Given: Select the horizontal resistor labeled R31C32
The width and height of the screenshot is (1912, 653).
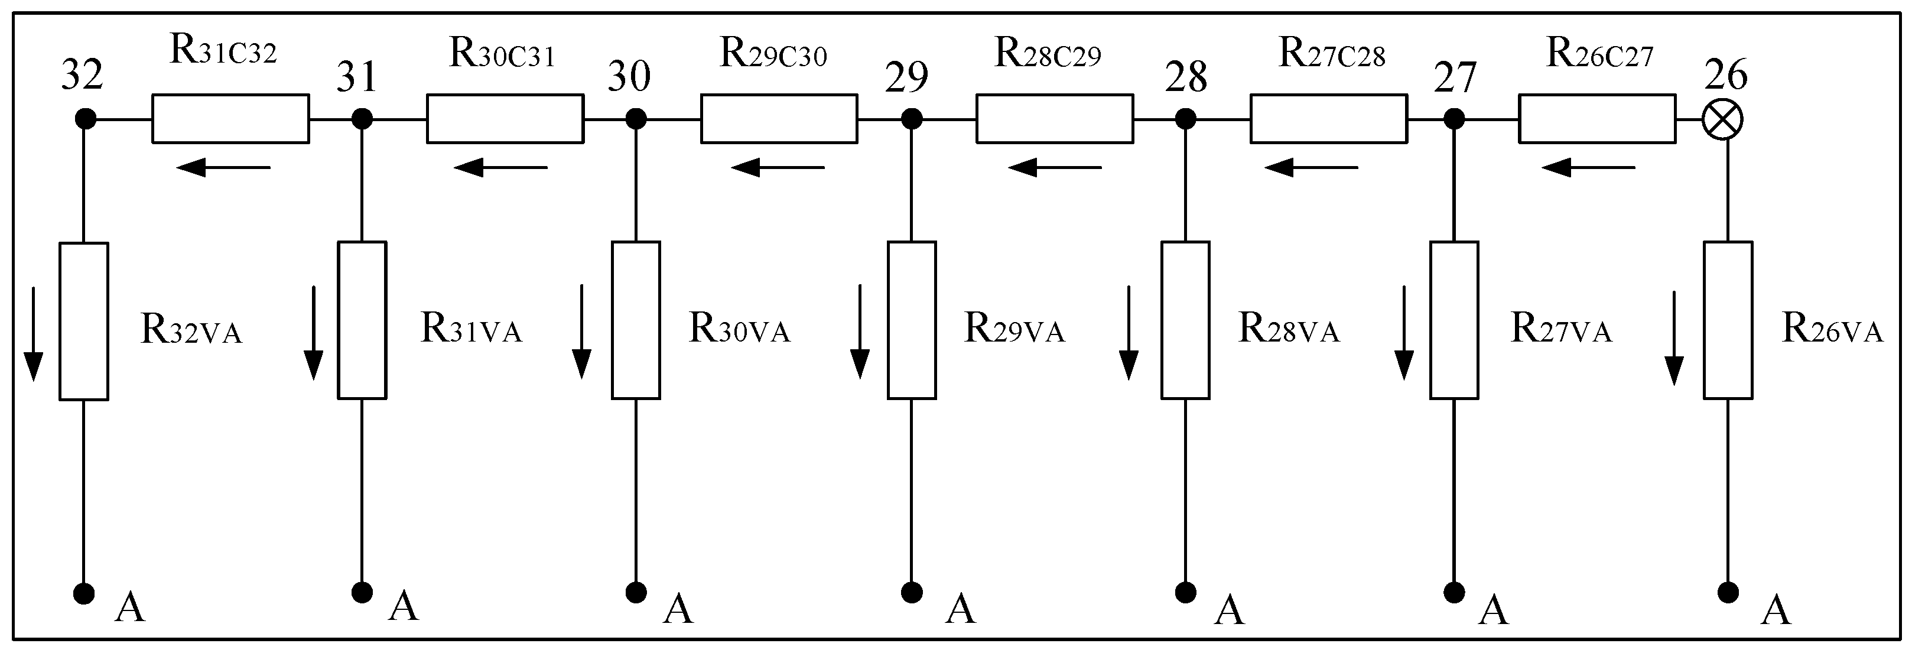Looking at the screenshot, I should point(231,119).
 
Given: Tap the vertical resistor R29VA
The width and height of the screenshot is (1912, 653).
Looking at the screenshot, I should point(912,320).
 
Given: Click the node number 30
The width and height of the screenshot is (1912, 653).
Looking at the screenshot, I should point(629,76).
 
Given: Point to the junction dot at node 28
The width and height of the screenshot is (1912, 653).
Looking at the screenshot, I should point(1185,119).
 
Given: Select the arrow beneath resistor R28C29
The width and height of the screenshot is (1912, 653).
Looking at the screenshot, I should point(1055,168).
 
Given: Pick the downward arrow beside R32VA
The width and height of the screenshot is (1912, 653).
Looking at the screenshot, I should point(34,333).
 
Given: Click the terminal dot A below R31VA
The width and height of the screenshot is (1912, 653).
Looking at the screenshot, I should point(362,592).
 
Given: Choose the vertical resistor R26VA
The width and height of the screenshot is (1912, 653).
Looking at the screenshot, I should point(1728,320).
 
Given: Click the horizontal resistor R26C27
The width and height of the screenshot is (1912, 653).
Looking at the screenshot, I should point(1597,119).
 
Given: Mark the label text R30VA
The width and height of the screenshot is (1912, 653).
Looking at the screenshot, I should point(739,329).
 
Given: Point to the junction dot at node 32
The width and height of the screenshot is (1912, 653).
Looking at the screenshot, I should point(85,119).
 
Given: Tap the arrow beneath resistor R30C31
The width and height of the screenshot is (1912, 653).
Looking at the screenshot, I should point(501,168).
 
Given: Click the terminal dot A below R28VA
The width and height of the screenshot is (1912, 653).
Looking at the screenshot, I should point(1185,592).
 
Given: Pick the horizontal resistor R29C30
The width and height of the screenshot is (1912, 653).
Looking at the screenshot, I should point(779,119).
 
